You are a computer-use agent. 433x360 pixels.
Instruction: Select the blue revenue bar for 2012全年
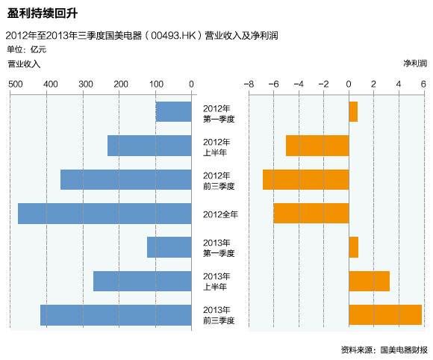point(105,214)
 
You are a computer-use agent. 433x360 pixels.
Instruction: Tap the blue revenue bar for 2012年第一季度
point(173,112)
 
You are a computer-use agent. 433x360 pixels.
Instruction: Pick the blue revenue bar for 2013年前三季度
point(116,314)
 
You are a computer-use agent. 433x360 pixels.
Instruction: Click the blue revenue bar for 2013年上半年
point(142,281)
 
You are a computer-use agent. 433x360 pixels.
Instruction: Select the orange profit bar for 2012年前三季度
point(305,180)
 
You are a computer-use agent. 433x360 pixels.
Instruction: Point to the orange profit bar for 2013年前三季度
point(385,314)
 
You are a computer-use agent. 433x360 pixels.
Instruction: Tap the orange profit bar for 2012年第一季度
point(353,112)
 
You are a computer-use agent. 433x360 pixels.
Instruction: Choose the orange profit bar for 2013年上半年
point(369,281)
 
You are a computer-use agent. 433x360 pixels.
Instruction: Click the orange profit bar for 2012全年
point(311,214)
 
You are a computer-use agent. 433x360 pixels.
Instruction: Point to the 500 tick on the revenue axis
point(15,84)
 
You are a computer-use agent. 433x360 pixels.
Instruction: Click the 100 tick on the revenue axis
point(156,84)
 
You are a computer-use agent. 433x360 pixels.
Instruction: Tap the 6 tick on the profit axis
point(423,84)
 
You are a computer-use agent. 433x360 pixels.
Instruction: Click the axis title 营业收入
point(24,64)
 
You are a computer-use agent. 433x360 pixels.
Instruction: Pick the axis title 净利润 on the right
point(414,64)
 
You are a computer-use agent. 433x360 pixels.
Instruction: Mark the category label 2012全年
point(220,214)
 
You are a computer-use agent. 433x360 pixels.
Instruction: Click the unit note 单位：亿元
point(26,49)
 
